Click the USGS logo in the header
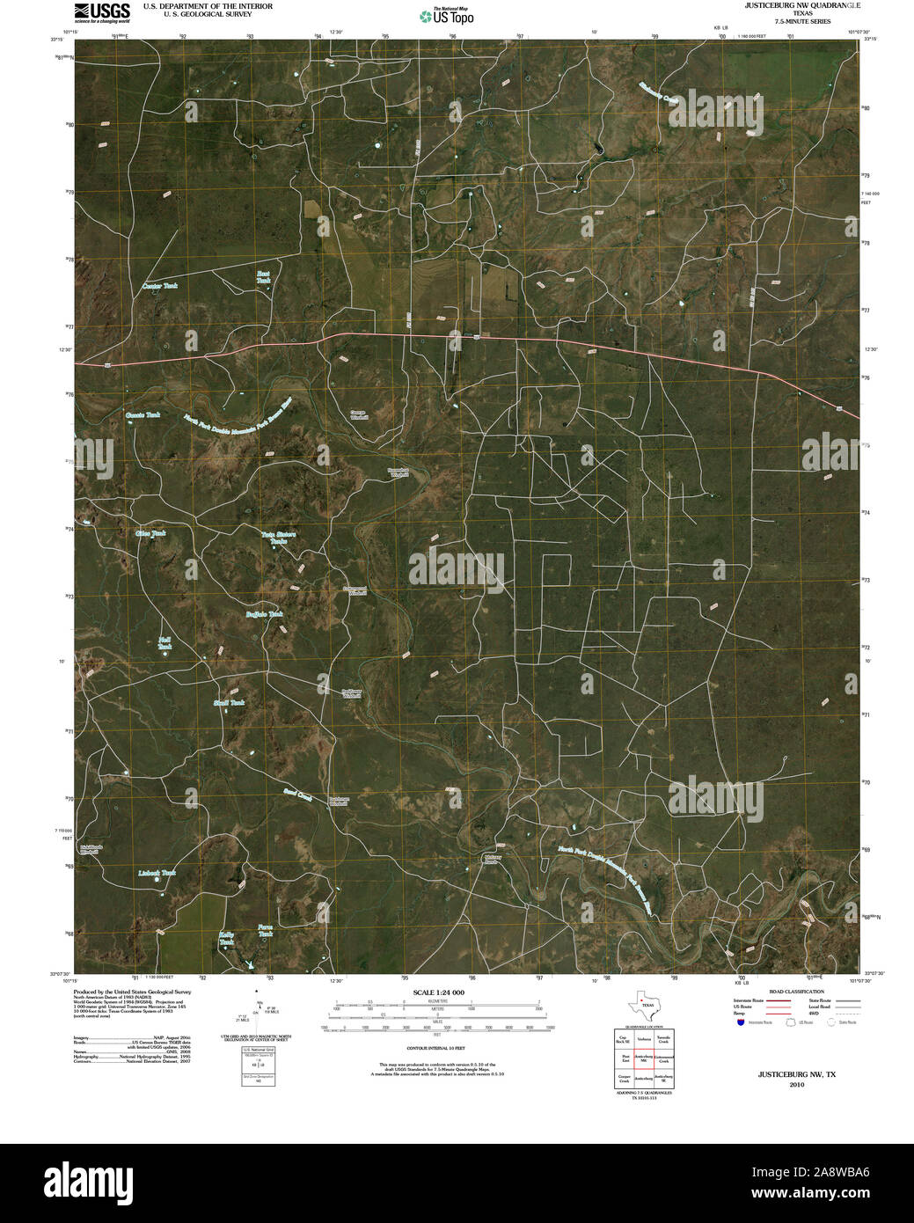click(x=103, y=11)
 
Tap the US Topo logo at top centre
click(x=451, y=16)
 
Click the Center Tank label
click(x=160, y=286)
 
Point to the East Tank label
click(x=263, y=276)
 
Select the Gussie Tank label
click(x=143, y=414)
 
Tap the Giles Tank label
click(x=150, y=533)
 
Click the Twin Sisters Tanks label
click(x=278, y=538)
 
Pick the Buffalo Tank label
click(x=264, y=614)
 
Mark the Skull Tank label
click(x=229, y=703)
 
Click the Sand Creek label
click(x=298, y=795)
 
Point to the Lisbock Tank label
click(x=157, y=873)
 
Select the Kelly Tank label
click(x=228, y=939)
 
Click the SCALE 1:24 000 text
click(x=437, y=992)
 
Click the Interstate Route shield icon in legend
click(x=741, y=1022)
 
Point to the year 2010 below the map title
click(x=797, y=1085)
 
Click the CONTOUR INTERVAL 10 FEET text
click(x=437, y=1050)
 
